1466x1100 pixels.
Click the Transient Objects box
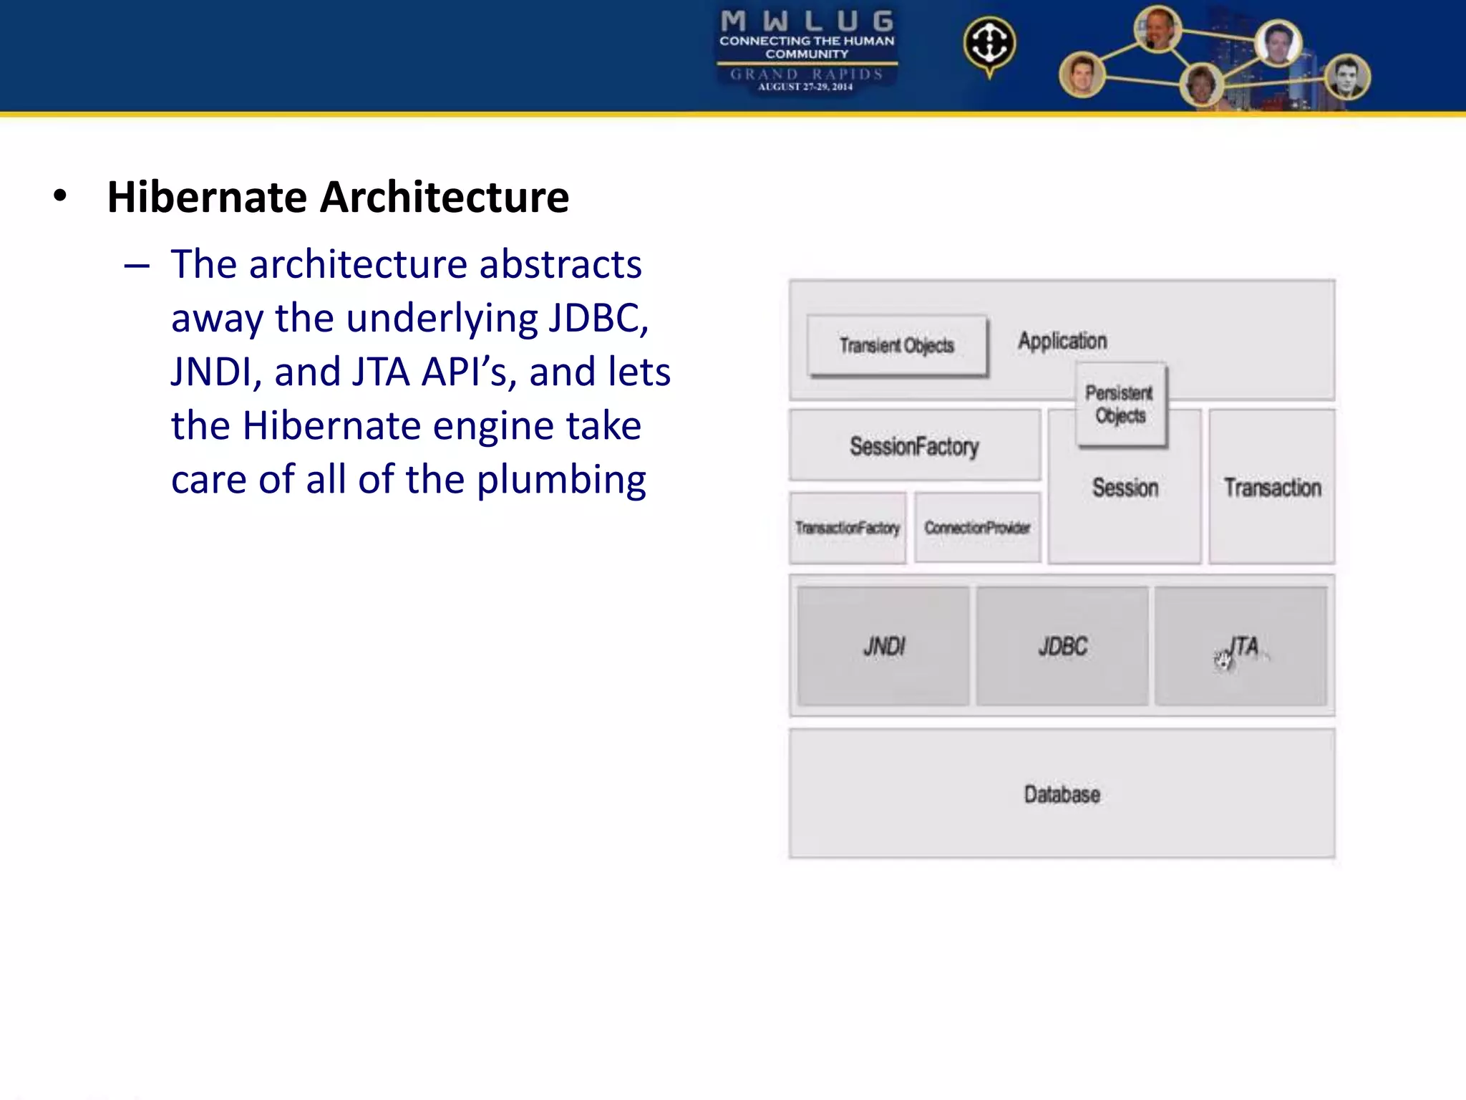pyautogui.click(x=897, y=346)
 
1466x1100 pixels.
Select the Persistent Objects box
pyautogui.click(x=1120, y=405)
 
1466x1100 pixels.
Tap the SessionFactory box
pyautogui.click(x=914, y=446)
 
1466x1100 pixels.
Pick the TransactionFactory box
pyautogui.click(x=848, y=528)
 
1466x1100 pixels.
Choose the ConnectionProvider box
pyautogui.click(x=977, y=528)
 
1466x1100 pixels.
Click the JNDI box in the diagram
pyautogui.click(x=884, y=647)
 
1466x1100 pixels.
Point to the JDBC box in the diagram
pyautogui.click(x=1062, y=647)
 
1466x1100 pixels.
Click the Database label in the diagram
pyautogui.click(x=1062, y=794)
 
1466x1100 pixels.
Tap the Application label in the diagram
pyautogui.click(x=1062, y=341)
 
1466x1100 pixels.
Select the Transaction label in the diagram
pyautogui.click(x=1272, y=488)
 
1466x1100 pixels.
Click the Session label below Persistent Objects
pyautogui.click(x=1125, y=488)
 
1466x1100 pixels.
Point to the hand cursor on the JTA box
pyautogui.click(x=1223, y=660)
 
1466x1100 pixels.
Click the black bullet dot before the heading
pyautogui.click(x=60, y=196)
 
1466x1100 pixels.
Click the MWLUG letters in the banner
pyautogui.click(x=807, y=21)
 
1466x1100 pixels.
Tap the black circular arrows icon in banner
pyautogui.click(x=989, y=44)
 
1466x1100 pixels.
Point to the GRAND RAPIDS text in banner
pyautogui.click(x=807, y=74)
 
